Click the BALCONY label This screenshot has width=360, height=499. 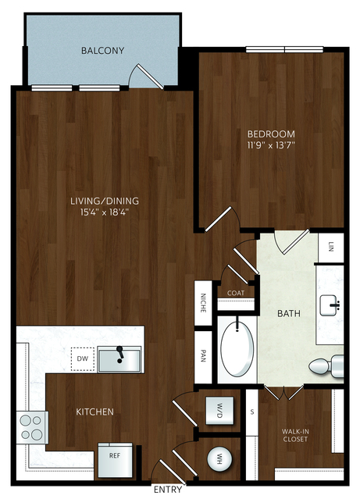pos(102,51)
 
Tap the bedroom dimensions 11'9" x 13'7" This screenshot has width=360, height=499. pos(271,145)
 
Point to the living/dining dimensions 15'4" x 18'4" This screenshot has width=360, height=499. pos(105,212)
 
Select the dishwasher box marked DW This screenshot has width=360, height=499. pos(83,358)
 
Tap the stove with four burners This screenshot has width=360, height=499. pos(33,427)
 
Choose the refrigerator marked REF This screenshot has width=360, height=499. pos(115,460)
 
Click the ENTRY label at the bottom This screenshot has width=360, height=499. pos(168,489)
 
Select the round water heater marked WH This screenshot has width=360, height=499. pos(219,459)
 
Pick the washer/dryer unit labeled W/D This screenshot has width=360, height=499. pos(219,411)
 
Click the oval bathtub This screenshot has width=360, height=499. pos(237,349)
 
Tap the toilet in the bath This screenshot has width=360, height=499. pos(326,365)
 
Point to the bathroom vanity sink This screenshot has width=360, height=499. pos(330,305)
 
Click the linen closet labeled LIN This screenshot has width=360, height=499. pos(331,247)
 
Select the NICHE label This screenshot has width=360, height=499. pos(203,303)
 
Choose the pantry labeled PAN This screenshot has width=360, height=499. pos(203,356)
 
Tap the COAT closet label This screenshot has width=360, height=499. pos(236,293)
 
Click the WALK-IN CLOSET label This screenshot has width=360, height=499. pos(295,435)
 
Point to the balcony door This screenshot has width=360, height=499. pos(150,77)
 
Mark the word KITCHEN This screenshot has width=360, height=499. pos(94,412)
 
